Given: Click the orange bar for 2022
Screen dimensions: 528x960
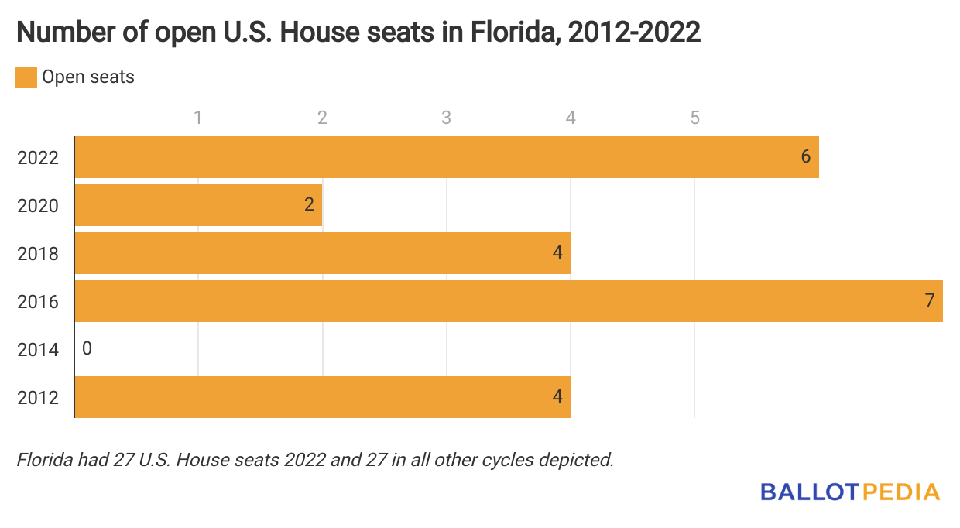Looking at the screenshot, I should click(446, 157).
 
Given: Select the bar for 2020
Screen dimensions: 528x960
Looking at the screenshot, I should click(198, 205).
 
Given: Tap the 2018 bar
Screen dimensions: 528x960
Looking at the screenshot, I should click(322, 253).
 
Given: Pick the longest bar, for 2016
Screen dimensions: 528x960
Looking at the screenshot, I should click(508, 301).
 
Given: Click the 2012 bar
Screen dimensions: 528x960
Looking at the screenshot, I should click(322, 397).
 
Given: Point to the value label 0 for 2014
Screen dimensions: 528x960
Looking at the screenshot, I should click(87, 349).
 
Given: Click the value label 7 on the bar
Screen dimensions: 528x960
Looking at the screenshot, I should click(930, 301).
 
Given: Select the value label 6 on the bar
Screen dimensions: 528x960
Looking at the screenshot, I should click(805, 157).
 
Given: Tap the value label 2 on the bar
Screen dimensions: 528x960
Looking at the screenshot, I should click(309, 205).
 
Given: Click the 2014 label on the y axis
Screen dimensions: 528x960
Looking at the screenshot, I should click(37, 350).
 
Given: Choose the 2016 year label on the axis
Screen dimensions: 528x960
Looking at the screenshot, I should click(37, 302).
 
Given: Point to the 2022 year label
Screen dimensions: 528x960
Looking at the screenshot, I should click(37, 158).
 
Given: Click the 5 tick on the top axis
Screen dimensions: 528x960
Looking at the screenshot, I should click(694, 118).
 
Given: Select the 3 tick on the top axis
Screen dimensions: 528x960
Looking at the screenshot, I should click(446, 118).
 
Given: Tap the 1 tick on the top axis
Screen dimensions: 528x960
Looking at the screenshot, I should click(198, 118).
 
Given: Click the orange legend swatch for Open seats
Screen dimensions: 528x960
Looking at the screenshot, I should click(26, 77).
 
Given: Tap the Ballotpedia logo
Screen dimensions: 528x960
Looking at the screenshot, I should click(849, 492).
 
